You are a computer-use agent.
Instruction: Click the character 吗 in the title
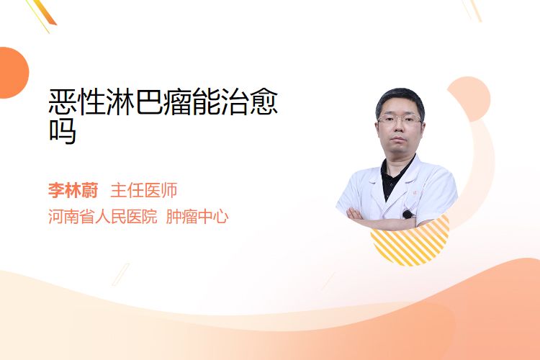click(63, 131)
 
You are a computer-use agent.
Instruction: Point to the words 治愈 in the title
click(249, 102)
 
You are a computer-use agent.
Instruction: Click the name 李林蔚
click(73, 190)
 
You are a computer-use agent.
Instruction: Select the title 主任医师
click(143, 190)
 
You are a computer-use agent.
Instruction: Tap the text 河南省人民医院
click(103, 217)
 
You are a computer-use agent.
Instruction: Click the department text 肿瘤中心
click(197, 217)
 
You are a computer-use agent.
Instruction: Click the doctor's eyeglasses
click(400, 120)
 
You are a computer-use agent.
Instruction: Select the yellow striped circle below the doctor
click(410, 241)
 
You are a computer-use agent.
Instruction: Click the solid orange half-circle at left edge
click(13, 73)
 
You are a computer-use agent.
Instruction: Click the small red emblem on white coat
click(415, 193)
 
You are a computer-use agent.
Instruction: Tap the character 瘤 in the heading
click(177, 102)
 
